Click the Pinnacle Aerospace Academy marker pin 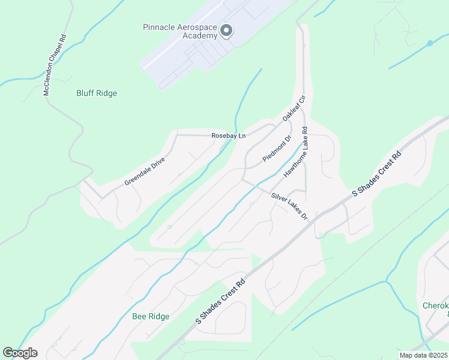[226, 31]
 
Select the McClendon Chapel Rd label [54, 65]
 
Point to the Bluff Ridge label [97, 94]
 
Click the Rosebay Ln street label [229, 136]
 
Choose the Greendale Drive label [144, 171]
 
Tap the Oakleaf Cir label [294, 108]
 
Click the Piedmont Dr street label [277, 149]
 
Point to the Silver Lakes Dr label [289, 206]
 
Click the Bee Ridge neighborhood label [151, 316]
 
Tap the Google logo [20, 353]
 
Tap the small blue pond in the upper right [429, 43]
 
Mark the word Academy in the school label [199, 36]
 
